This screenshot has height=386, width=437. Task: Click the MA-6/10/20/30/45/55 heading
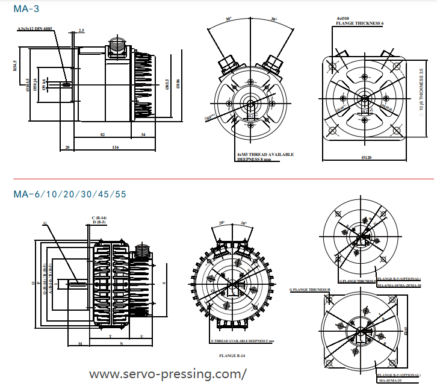[x=70, y=195]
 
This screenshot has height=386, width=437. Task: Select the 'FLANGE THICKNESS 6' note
[x=359, y=23]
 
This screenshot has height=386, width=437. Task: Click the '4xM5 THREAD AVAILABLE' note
[x=265, y=154]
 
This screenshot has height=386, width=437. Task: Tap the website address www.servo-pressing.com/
[x=168, y=374]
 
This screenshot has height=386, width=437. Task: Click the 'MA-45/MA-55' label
[x=391, y=381]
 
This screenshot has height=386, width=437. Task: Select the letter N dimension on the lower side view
[x=122, y=344]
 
